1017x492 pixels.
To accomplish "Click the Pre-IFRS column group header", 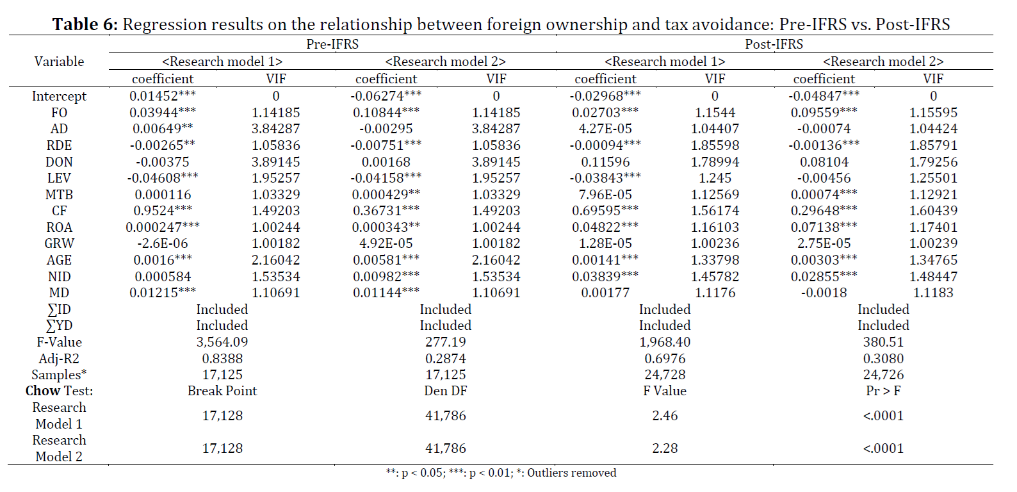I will (x=332, y=44).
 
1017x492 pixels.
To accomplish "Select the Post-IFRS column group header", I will (x=774, y=44).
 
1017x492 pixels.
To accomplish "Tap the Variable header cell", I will (x=59, y=61).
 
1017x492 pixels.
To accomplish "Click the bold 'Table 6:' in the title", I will (x=85, y=24).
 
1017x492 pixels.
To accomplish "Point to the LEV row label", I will (x=59, y=178).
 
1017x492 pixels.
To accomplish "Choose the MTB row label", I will (x=59, y=195).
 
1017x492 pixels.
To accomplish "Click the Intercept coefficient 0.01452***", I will (x=163, y=96).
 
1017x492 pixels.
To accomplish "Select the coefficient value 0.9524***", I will (x=163, y=211).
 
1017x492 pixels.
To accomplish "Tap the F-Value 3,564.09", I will (x=222, y=342).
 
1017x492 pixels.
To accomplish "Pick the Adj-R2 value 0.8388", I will (x=222, y=359).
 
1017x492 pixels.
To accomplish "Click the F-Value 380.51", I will (x=883, y=342).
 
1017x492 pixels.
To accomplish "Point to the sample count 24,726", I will (x=883, y=375).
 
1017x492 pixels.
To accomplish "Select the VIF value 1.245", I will (x=715, y=178).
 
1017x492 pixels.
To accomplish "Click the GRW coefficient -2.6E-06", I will (x=163, y=243).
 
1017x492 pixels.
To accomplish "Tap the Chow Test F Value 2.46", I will (x=665, y=416).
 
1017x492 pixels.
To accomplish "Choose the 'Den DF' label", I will (x=446, y=391).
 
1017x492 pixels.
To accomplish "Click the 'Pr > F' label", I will (x=883, y=391).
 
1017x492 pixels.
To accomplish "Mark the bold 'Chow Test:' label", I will (x=59, y=391).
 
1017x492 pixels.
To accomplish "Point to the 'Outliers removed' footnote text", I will (x=571, y=473).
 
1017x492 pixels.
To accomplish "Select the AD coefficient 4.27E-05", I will (x=605, y=129).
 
